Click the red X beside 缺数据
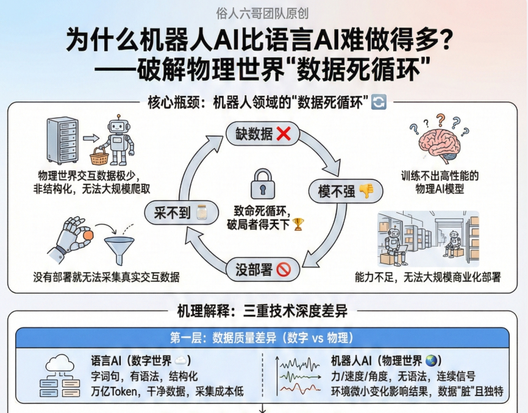pyautogui.click(x=283, y=134)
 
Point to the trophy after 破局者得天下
pyautogui.click(x=298, y=224)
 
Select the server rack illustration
pyautogui.click(x=62, y=141)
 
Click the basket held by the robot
pyautogui.click(x=102, y=157)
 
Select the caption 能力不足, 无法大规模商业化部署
pyautogui.click(x=427, y=277)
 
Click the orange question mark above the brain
pyautogui.click(x=440, y=119)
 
